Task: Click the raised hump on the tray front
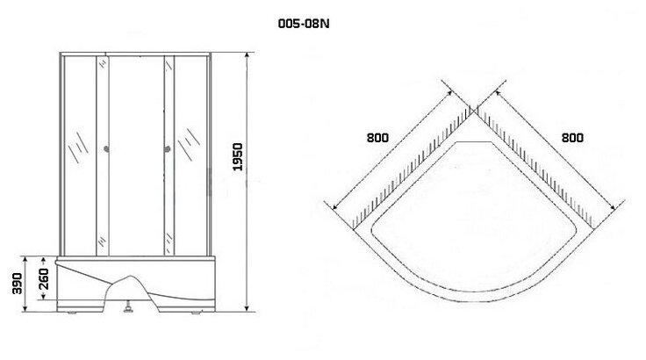(132, 283)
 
